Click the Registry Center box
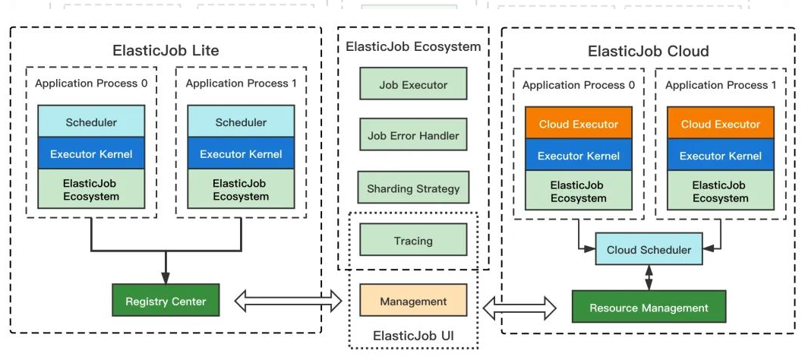pos(166,302)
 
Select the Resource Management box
pos(649,308)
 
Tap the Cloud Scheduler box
pos(649,250)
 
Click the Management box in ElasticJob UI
pos(413,302)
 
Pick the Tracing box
pos(413,241)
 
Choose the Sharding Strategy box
pos(413,188)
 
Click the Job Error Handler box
pos(413,136)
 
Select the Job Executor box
pos(413,85)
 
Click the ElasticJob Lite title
pos(166,51)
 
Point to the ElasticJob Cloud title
pos(648,51)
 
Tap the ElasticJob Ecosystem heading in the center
pos(413,46)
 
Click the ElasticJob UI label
pos(413,335)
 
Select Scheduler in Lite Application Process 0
pos(91,122)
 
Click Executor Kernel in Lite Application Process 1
pos(241,154)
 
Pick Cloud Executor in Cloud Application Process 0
pos(578,124)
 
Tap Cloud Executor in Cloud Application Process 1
pos(720,124)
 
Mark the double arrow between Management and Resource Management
pos(520,308)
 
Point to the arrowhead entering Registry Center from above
pos(166,278)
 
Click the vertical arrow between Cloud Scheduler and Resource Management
pos(649,277)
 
